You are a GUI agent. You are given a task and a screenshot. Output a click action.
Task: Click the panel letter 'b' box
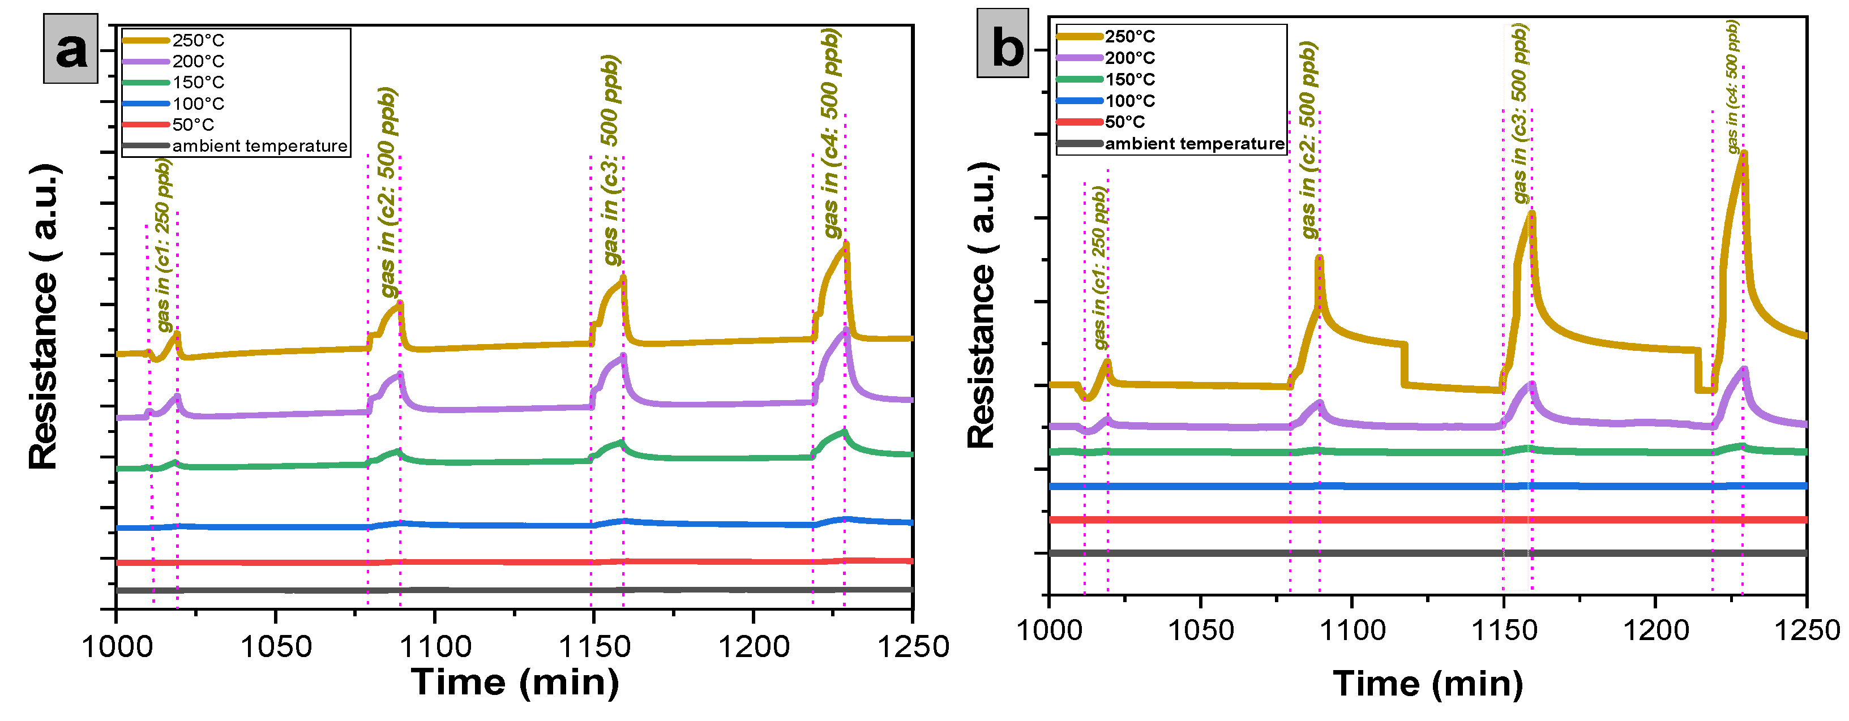point(1003,44)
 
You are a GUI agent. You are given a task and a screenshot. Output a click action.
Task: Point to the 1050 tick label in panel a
point(276,646)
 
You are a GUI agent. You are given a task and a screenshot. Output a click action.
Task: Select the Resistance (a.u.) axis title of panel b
point(982,305)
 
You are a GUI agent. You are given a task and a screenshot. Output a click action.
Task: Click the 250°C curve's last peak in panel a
point(846,244)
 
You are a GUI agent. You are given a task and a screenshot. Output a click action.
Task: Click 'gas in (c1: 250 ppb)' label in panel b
point(1099,268)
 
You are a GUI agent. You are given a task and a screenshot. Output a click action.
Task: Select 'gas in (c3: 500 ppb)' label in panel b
point(1520,113)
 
